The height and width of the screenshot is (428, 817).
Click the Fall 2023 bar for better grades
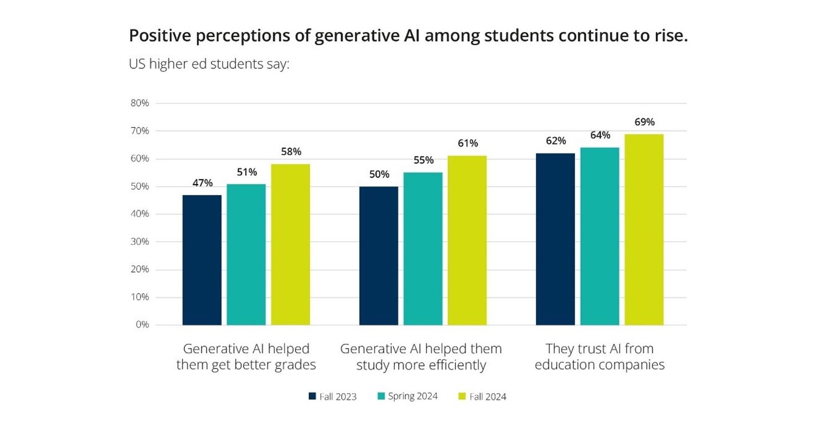point(202,260)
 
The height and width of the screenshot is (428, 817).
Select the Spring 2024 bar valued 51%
point(246,254)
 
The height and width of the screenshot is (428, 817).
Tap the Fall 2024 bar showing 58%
point(290,245)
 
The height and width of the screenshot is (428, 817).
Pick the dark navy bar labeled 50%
point(378,255)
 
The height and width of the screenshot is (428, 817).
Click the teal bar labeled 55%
point(423,249)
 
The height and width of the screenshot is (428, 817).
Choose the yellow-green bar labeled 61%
point(467,240)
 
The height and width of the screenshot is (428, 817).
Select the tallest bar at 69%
point(644,229)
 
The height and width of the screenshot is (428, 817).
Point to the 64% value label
point(600,135)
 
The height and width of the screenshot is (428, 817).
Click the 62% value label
point(555,141)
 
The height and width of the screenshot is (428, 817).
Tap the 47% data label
point(202,183)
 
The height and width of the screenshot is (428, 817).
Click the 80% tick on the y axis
point(140,103)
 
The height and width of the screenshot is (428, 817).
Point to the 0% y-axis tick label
point(142,325)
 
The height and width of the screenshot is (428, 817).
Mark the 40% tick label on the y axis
point(140,214)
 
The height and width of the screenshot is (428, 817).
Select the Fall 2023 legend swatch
point(312,396)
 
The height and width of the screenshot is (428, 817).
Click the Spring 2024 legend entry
point(407,396)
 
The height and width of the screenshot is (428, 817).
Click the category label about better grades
point(246,357)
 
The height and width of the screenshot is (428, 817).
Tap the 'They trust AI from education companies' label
point(599,357)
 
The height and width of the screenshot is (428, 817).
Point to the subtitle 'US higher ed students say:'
point(210,64)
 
